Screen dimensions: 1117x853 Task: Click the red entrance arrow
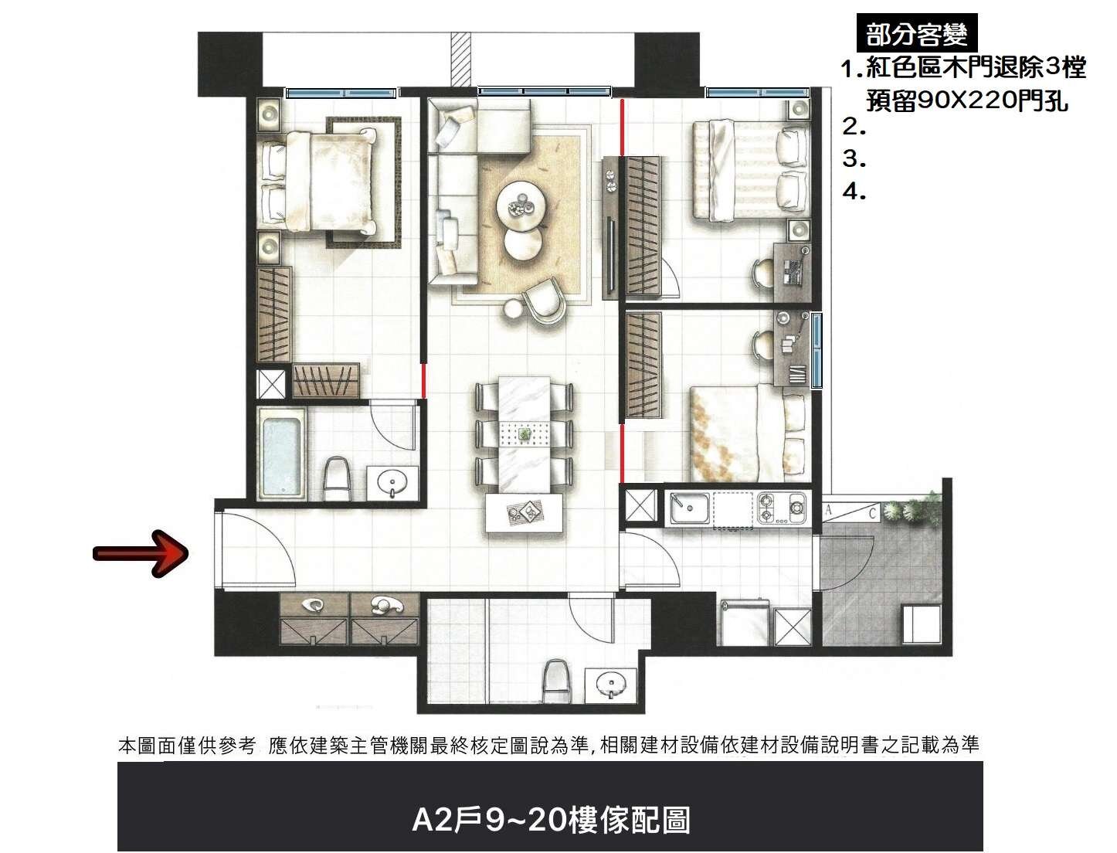[x=141, y=553]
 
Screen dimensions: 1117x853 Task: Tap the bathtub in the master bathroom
[x=281, y=454]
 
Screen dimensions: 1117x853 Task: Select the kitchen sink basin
[x=689, y=508]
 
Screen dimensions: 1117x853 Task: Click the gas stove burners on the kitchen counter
[x=781, y=508]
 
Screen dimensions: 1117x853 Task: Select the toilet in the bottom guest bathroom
[x=555, y=681]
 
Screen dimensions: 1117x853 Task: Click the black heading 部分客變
[x=916, y=33]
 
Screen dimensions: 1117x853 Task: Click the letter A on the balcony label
[x=828, y=511]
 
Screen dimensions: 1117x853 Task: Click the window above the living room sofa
[x=545, y=92]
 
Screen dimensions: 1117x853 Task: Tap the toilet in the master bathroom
[x=336, y=478]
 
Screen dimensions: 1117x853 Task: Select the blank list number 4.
[x=854, y=192]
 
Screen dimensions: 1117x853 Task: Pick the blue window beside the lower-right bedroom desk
[x=817, y=350]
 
